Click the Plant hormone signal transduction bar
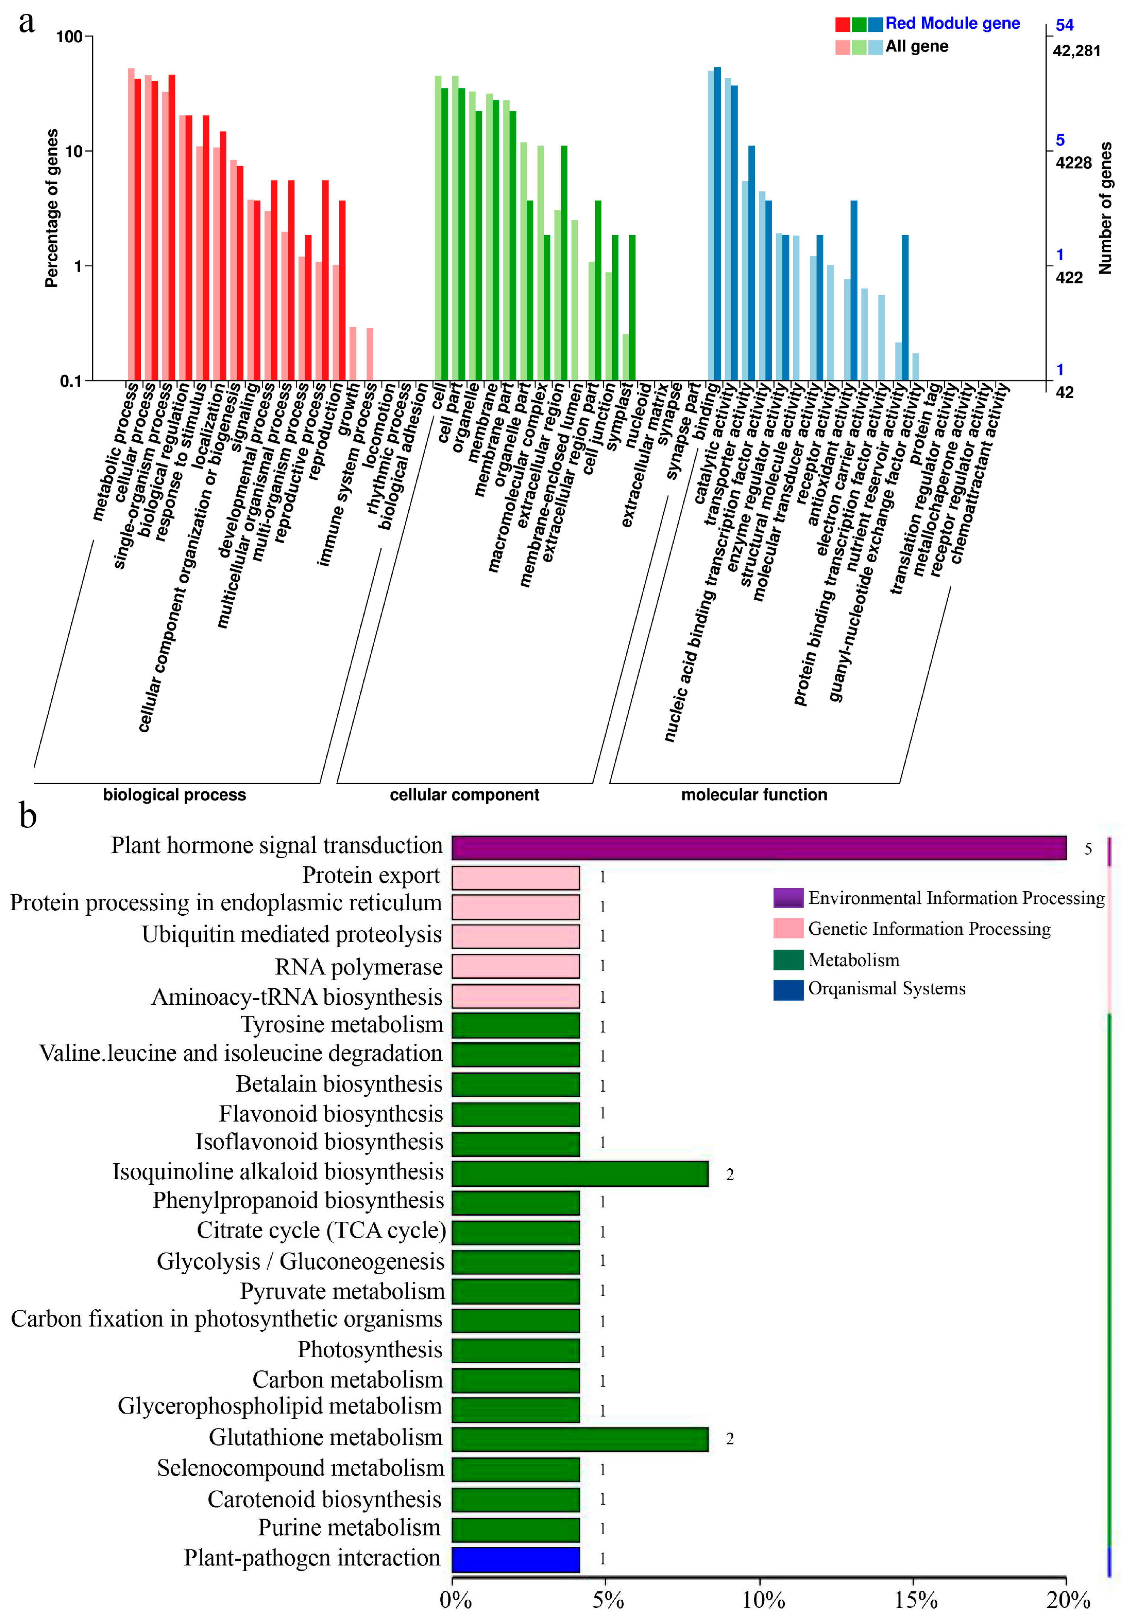pos(759,848)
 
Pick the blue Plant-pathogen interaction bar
pos(515,1559)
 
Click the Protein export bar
pos(515,877)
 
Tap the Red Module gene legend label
pos(952,23)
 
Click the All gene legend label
pos(916,46)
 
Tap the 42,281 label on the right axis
pos(1076,51)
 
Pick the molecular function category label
pos(753,795)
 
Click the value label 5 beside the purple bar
pos(1088,849)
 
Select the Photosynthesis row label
pos(370,1349)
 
